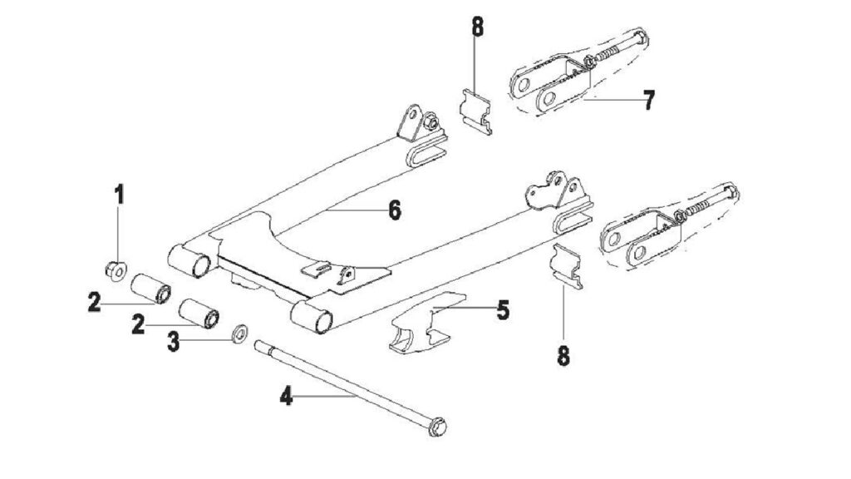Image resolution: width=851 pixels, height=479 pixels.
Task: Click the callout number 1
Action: pyautogui.click(x=119, y=195)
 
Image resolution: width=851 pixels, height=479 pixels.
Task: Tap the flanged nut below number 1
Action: pyautogui.click(x=115, y=269)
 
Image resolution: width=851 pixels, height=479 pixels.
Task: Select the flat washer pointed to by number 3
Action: pyautogui.click(x=240, y=333)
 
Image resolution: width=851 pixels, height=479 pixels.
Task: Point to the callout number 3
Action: pyautogui.click(x=173, y=342)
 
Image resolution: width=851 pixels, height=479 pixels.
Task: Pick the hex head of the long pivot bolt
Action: pyautogui.click(x=437, y=427)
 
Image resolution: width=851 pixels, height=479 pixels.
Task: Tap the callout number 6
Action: pyautogui.click(x=395, y=210)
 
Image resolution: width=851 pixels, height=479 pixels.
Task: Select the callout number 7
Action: pyautogui.click(x=648, y=100)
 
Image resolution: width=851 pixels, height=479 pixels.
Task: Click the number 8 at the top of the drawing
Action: pyautogui.click(x=477, y=27)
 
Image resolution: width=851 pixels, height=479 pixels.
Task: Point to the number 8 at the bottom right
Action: pyautogui.click(x=563, y=356)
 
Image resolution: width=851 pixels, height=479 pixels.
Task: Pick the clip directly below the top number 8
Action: pyautogui.click(x=476, y=111)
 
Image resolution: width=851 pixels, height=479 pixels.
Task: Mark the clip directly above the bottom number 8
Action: pyautogui.click(x=567, y=266)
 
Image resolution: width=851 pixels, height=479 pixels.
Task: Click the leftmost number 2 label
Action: pyautogui.click(x=95, y=302)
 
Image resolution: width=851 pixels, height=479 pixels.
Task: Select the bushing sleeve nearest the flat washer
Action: pyautogui.click(x=199, y=314)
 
